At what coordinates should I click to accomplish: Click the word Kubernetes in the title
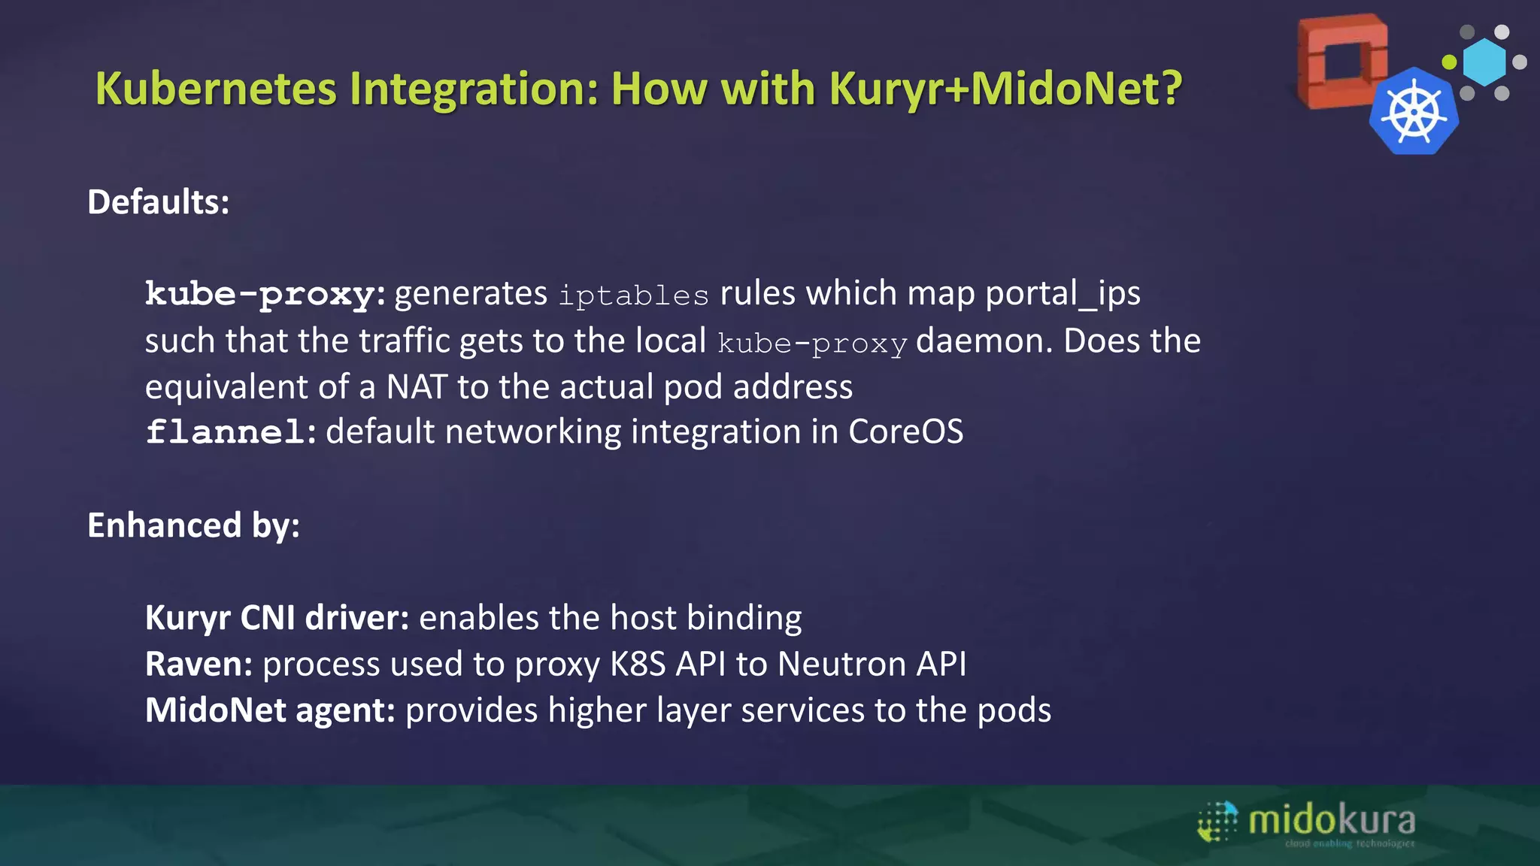[x=217, y=89]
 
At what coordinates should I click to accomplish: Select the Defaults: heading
[x=158, y=201]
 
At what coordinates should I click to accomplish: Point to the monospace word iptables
[x=633, y=295]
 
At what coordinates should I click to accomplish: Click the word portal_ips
[x=1063, y=293]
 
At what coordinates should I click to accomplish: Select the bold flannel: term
[x=230, y=432]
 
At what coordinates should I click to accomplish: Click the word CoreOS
[x=905, y=432]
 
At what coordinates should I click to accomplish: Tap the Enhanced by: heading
[x=193, y=525]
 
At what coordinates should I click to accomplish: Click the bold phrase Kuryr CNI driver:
[x=277, y=618]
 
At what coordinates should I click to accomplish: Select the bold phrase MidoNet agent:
[x=270, y=710]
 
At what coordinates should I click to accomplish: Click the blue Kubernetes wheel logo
[x=1414, y=113]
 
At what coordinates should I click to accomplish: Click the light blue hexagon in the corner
[x=1485, y=62]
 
